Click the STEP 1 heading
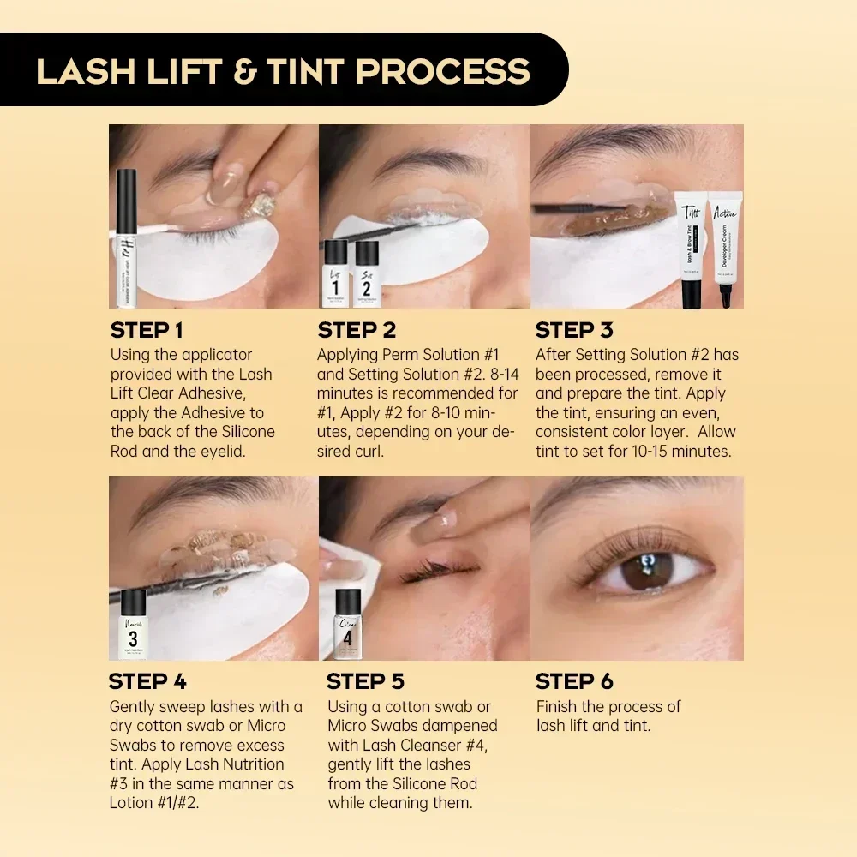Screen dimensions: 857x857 [147, 330]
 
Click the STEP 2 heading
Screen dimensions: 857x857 [357, 330]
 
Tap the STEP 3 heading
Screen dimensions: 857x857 [574, 330]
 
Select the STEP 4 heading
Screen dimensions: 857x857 [147, 681]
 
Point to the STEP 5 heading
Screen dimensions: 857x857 [366, 681]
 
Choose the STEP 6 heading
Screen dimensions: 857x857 [574, 681]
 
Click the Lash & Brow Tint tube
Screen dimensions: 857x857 [692, 253]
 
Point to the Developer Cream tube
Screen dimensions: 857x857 [724, 253]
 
